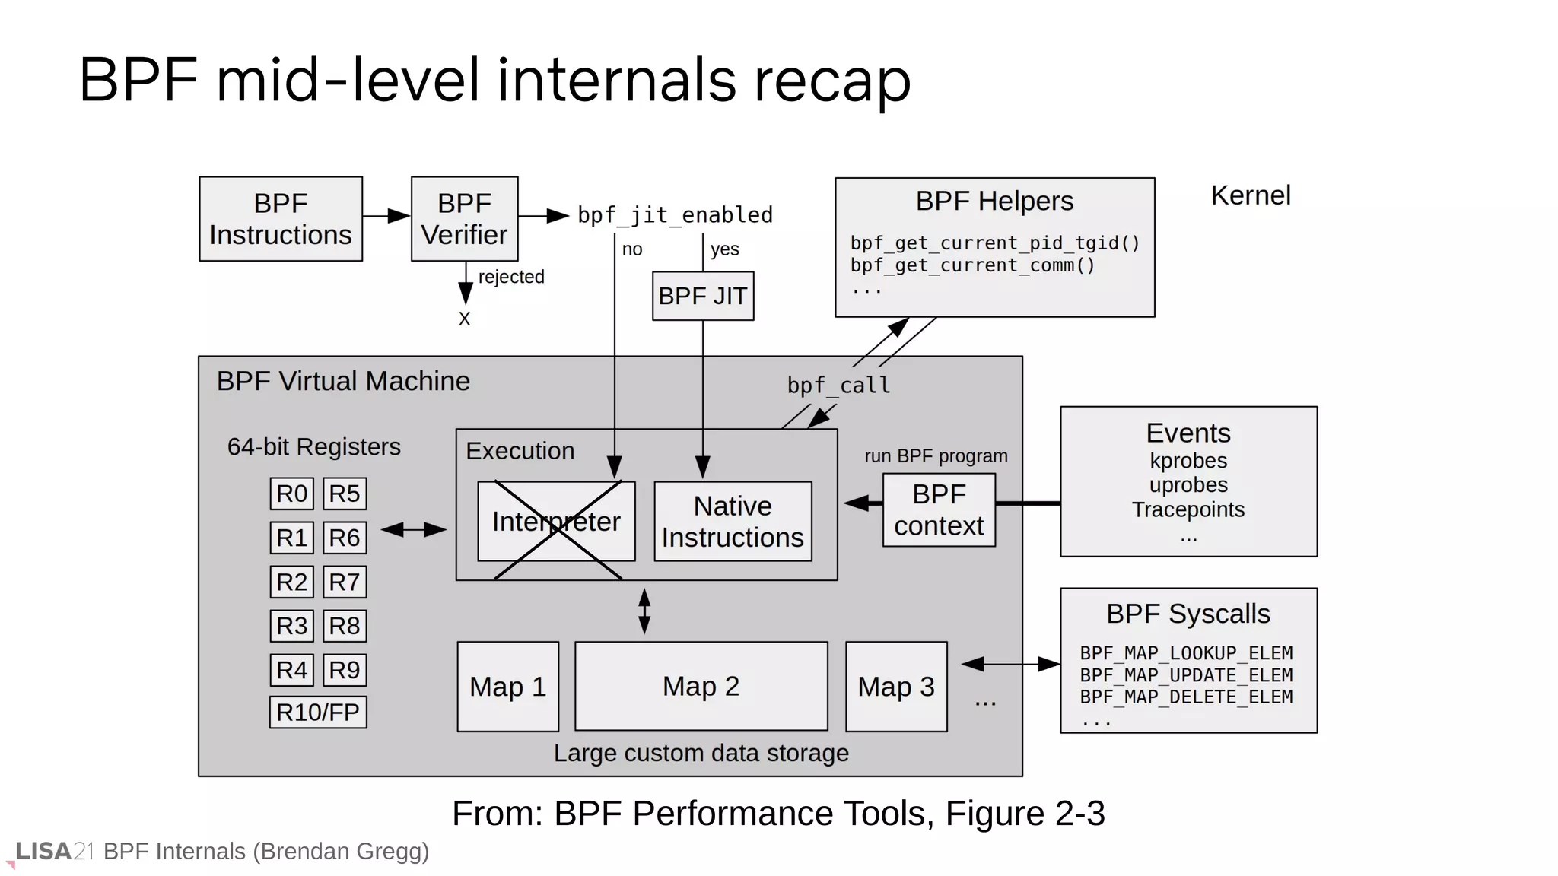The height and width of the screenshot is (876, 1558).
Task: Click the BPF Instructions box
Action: pos(281,219)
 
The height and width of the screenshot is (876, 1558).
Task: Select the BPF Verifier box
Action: pos(464,219)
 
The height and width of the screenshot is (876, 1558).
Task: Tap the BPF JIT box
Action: pos(703,296)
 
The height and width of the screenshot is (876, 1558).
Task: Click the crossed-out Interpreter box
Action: pos(556,522)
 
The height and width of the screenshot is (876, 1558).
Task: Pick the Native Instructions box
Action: pos(733,522)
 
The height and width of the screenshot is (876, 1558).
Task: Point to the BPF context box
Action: pos(939,509)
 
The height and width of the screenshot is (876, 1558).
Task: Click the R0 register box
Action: pos(291,494)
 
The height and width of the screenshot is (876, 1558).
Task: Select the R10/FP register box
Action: pos(318,713)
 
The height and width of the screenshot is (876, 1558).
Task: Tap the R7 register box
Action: pos(345,582)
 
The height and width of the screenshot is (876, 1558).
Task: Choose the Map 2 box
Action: pos(701,686)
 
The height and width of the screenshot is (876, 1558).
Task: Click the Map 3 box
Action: pos(896,687)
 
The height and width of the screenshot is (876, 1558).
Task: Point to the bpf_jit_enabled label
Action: pos(675,215)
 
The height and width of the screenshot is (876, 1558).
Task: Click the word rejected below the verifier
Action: pos(511,277)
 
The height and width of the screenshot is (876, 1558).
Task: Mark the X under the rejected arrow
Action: pos(465,319)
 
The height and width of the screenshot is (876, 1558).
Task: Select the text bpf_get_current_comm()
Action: pos(972,265)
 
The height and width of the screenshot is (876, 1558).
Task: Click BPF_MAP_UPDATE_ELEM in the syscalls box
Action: pos(1186,675)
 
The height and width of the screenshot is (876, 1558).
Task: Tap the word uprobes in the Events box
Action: pos(1188,485)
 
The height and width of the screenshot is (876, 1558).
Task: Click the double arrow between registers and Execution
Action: pos(413,530)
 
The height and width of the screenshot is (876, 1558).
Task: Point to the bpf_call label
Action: pos(838,386)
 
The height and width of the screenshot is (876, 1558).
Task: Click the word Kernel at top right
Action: pos(1251,195)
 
